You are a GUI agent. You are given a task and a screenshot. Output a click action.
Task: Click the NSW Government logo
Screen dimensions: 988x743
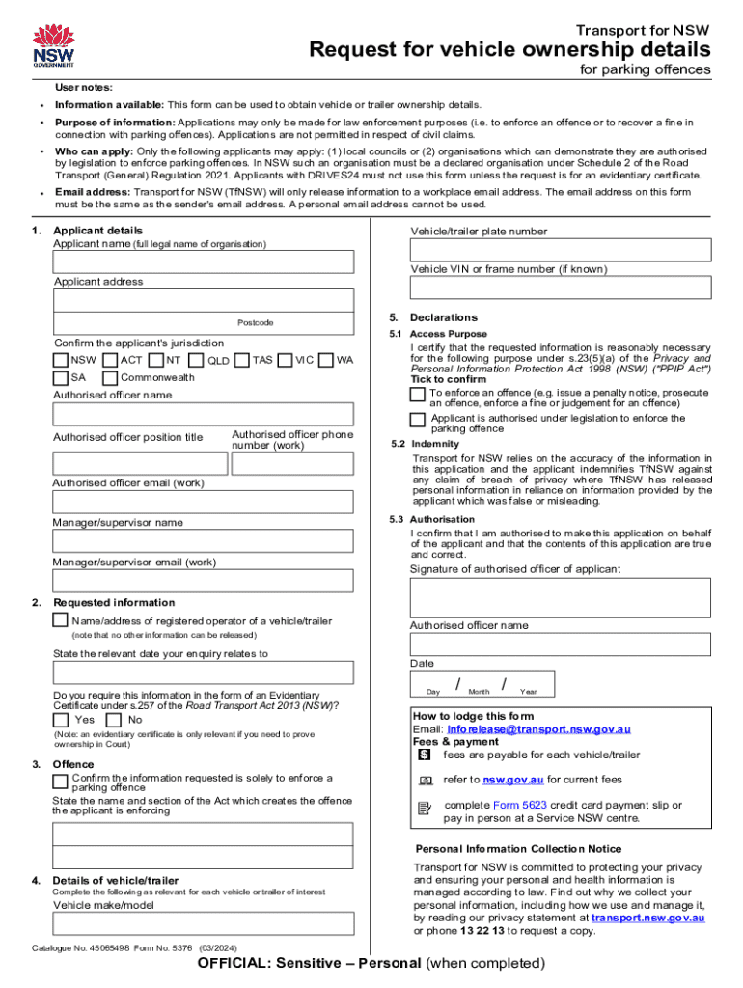(x=53, y=43)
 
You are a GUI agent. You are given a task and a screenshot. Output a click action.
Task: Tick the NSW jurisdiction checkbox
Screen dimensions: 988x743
(x=61, y=360)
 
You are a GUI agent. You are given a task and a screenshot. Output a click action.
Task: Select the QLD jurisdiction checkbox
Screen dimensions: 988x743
(x=196, y=360)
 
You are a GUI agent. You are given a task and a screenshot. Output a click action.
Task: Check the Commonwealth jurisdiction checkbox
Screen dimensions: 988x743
(x=110, y=377)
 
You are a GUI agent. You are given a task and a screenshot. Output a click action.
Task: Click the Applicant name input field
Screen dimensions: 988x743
(x=204, y=261)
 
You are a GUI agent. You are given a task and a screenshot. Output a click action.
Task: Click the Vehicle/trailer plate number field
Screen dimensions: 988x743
(x=561, y=250)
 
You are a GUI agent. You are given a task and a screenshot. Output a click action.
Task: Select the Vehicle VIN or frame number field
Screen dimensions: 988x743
(x=561, y=288)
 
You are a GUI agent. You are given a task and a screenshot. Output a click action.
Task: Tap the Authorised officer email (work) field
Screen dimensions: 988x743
(x=204, y=502)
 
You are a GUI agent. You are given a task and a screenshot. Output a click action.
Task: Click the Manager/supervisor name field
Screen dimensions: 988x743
(x=204, y=541)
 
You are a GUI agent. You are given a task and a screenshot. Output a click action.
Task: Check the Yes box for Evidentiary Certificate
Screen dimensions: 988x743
(x=61, y=720)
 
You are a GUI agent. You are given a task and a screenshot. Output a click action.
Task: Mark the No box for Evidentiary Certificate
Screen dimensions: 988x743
(x=114, y=720)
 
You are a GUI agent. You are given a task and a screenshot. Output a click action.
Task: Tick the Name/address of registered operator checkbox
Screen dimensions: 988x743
(x=61, y=619)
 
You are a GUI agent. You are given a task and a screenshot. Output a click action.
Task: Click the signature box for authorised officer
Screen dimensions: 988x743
(x=561, y=597)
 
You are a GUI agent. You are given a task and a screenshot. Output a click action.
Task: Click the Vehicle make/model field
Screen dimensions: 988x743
(x=204, y=924)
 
